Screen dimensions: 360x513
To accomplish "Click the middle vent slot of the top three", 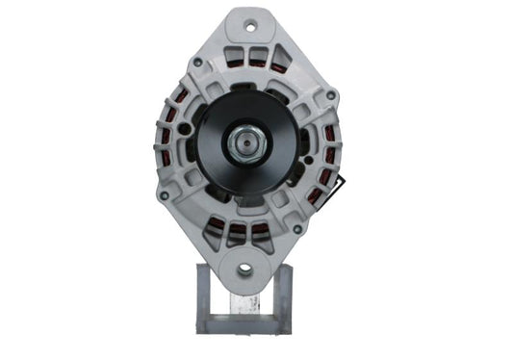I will point(255,56).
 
